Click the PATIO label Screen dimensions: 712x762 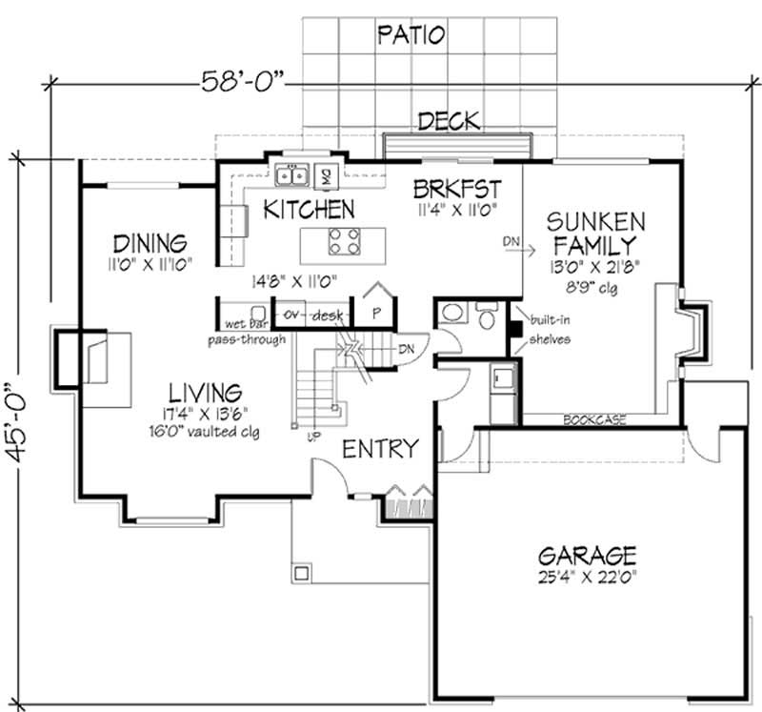tap(411, 36)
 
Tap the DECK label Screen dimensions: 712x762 tap(449, 121)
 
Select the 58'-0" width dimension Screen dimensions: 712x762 tap(244, 82)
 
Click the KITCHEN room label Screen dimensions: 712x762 tap(310, 209)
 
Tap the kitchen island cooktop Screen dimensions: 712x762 tap(344, 240)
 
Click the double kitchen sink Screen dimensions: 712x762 tap(291, 175)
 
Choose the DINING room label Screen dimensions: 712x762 tap(149, 241)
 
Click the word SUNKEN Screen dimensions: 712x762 tap(595, 222)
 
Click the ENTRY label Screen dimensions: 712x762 tap(380, 448)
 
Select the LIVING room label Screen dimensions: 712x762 tap(205, 392)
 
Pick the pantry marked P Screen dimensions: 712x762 tap(376, 310)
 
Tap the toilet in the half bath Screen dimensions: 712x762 tap(489, 315)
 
